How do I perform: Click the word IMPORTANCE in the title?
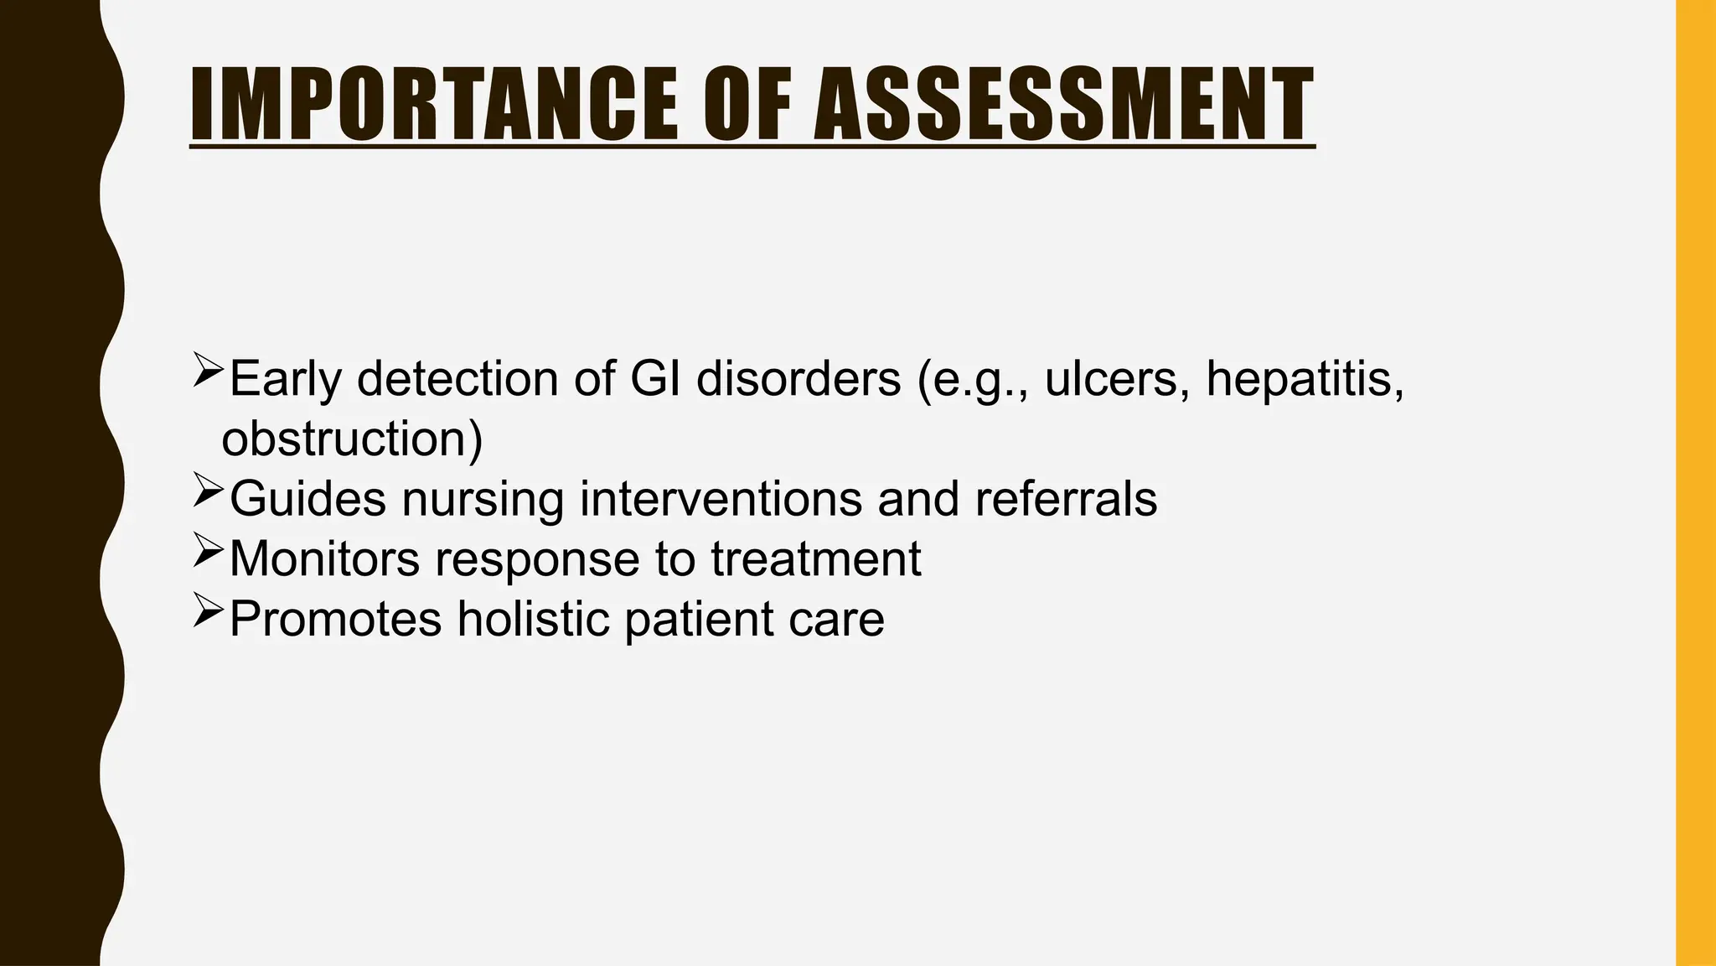[433, 104]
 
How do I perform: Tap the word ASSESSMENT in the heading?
[1063, 104]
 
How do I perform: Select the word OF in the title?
[747, 104]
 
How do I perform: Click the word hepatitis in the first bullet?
[1304, 378]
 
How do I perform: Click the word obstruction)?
[353, 439]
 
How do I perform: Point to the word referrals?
[1066, 499]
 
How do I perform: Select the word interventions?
[721, 499]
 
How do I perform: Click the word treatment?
[816, 559]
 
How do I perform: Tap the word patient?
[700, 620]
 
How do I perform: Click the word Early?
[286, 378]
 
